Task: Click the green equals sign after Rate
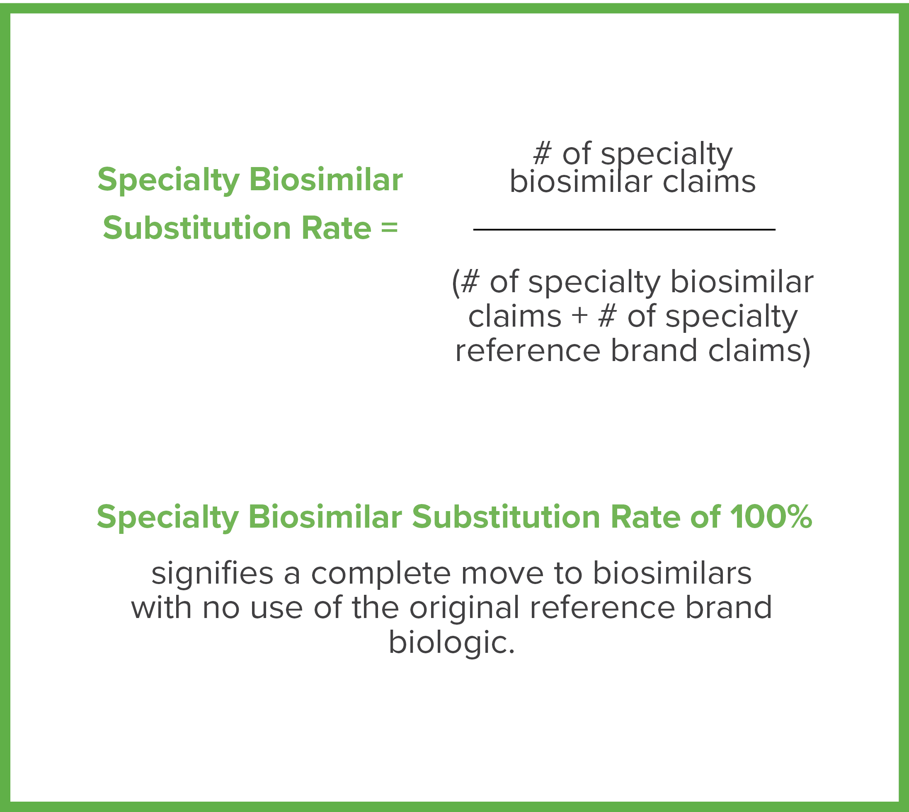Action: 389,228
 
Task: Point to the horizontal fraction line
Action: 624,229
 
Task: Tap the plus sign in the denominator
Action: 579,316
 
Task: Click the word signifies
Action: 212,574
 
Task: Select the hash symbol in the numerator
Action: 542,153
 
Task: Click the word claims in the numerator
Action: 709,182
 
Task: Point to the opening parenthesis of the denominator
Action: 455,283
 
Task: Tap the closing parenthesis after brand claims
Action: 807,351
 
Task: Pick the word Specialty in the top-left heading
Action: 169,180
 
